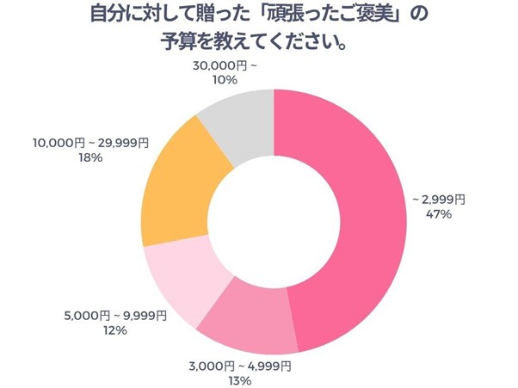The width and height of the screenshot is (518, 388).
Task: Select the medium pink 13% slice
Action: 250,318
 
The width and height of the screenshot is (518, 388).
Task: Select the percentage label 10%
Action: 200,79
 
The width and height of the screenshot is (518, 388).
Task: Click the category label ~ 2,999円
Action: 439,200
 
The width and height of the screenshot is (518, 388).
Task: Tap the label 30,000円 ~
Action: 200,65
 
